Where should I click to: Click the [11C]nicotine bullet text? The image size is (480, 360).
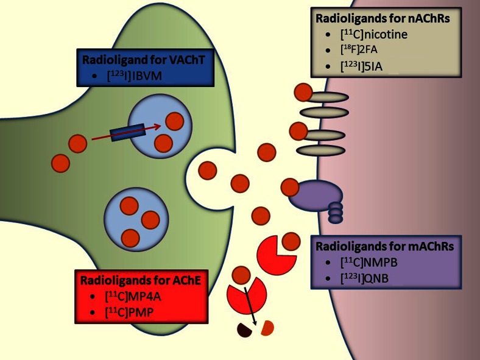tap(374, 34)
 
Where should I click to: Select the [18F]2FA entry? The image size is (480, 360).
tap(359, 49)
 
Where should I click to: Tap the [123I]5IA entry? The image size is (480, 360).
tap(361, 66)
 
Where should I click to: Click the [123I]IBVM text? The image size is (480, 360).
tap(135, 76)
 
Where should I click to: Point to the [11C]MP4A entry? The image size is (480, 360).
tap(133, 296)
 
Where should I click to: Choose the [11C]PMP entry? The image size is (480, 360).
tap(129, 312)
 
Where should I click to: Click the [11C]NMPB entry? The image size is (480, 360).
tap(369, 263)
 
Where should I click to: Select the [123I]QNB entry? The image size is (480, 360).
tap(364, 278)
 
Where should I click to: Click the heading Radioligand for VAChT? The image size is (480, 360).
tap(143, 60)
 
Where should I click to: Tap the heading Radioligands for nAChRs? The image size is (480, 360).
tap(383, 18)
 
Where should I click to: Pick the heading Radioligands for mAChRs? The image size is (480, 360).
tap(384, 246)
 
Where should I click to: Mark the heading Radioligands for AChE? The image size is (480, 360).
tap(141, 280)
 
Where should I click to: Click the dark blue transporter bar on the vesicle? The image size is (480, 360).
tap(127, 133)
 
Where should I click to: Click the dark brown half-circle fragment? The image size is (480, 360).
tap(244, 330)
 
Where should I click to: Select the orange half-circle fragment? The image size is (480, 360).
tap(267, 328)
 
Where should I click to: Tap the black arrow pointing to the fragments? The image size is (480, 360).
tap(250, 306)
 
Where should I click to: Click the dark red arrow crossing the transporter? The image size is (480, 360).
tap(127, 132)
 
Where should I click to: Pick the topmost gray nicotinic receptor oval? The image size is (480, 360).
tap(326, 97)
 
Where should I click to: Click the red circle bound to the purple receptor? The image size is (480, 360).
tap(290, 188)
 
